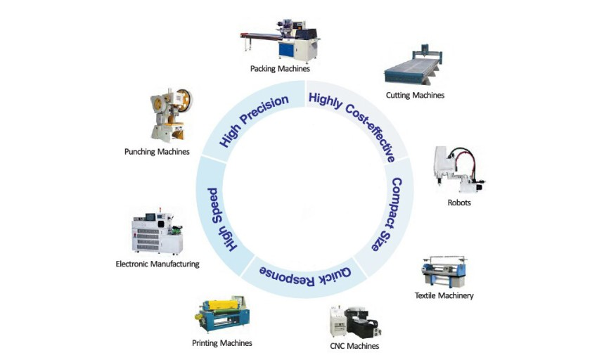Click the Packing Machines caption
(280, 69)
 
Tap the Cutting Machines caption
(415, 95)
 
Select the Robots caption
(458, 202)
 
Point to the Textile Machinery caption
(444, 295)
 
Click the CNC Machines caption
(354, 346)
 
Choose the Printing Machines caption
(221, 343)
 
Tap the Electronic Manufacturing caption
(158, 264)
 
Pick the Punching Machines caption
(157, 151)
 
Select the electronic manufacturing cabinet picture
(158, 232)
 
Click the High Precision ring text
(254, 120)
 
